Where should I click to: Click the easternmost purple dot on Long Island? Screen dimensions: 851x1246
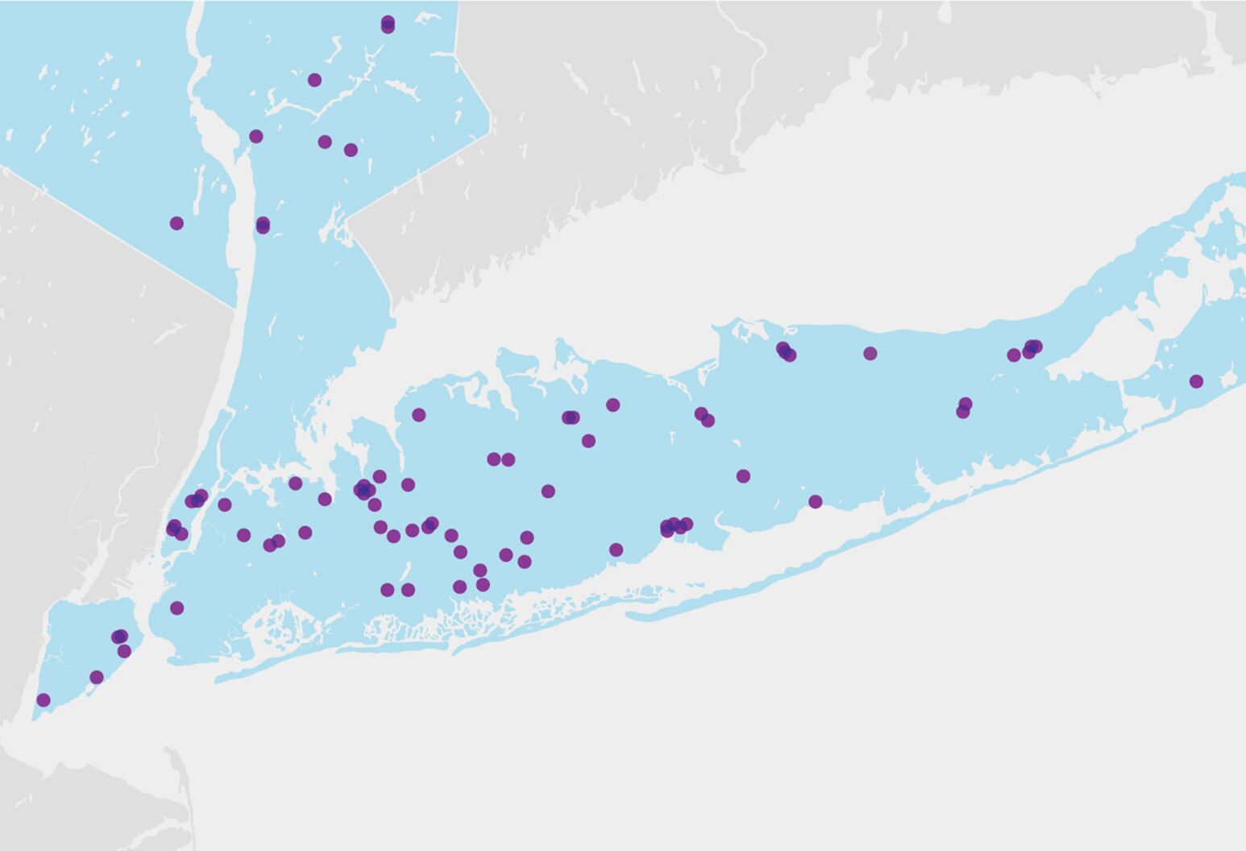pyautogui.click(x=1196, y=381)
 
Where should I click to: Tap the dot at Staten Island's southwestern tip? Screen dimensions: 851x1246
pyautogui.click(x=44, y=699)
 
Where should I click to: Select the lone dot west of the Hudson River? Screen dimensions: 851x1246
pyautogui.click(x=177, y=223)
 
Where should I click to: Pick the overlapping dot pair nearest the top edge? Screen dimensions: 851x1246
pyautogui.click(x=388, y=24)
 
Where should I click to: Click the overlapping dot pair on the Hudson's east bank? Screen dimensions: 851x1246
pyautogui.click(x=263, y=225)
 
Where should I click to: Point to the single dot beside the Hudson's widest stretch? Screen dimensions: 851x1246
pyautogui.click(x=256, y=136)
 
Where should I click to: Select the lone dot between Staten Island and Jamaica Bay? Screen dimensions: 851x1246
pyautogui.click(x=177, y=608)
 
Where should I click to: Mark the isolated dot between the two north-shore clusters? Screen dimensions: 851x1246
pyautogui.click(x=870, y=353)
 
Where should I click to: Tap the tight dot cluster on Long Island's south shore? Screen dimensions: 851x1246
pyautogui.click(x=675, y=526)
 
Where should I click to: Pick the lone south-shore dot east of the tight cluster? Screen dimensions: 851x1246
pyautogui.click(x=815, y=501)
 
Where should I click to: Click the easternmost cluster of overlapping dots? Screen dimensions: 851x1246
pyautogui.click(x=1031, y=348)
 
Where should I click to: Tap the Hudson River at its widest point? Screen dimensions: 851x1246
pyautogui.click(x=216, y=129)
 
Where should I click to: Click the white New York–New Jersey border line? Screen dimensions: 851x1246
pyautogui.click(x=121, y=238)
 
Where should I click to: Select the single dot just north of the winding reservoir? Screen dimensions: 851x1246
pyautogui.click(x=314, y=80)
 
